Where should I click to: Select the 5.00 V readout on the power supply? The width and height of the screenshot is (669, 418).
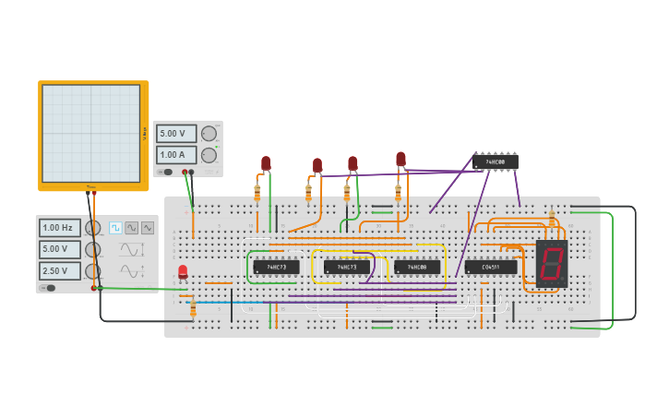(x=175, y=134)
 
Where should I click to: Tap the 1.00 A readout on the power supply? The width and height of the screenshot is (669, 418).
(x=175, y=155)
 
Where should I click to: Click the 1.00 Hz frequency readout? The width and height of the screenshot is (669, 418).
(x=59, y=228)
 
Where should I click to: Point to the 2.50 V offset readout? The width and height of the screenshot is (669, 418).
(x=59, y=270)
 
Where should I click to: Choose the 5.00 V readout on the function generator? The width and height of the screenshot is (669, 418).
(x=59, y=249)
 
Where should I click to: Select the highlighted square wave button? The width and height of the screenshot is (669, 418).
(x=115, y=228)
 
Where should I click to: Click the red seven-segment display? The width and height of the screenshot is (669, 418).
(x=551, y=264)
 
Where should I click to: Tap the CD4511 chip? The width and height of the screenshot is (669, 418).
(x=490, y=268)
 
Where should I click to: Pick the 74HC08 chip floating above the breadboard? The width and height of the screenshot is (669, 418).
(x=495, y=162)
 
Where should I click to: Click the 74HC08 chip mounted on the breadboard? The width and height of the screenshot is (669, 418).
(x=417, y=268)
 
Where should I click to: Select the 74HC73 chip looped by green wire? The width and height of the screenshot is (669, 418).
(x=276, y=268)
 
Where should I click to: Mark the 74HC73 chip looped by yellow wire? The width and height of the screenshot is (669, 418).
(x=346, y=268)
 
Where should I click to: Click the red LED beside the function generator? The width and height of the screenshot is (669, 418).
(x=183, y=271)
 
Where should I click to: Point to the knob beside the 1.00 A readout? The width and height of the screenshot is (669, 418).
(x=209, y=155)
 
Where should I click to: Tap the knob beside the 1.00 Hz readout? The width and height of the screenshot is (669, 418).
(x=92, y=228)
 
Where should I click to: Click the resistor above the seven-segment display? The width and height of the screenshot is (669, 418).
(x=552, y=218)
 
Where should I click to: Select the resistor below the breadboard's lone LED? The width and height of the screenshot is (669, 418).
(x=193, y=307)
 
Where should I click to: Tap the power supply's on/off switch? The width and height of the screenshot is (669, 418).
(x=166, y=172)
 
